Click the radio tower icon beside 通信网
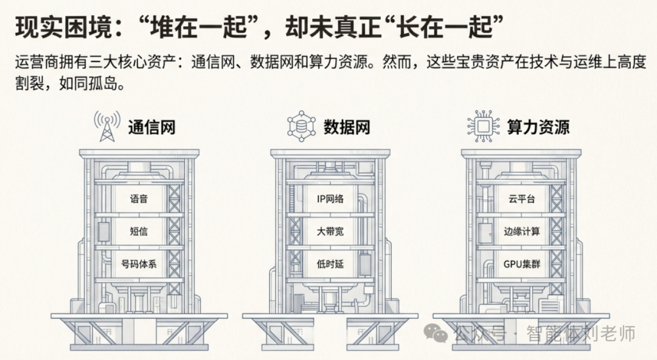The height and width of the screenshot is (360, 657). (x=106, y=125)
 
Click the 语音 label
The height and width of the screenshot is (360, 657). (x=139, y=199)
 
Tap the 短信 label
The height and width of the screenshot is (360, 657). (x=139, y=232)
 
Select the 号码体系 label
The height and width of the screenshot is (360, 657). (x=139, y=265)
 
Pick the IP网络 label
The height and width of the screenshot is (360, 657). (x=330, y=199)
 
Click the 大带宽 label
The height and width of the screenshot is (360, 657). (x=330, y=232)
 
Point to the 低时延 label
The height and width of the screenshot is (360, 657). (x=330, y=265)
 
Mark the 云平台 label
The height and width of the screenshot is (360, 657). (x=521, y=199)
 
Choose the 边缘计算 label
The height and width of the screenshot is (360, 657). (x=521, y=232)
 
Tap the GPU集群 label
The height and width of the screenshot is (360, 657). (x=521, y=265)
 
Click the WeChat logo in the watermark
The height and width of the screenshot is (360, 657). (x=437, y=333)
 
